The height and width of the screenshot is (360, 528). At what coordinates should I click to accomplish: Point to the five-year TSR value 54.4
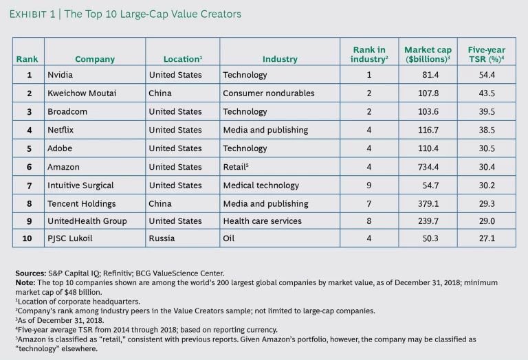[487, 75]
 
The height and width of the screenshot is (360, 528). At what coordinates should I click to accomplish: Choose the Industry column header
[280, 59]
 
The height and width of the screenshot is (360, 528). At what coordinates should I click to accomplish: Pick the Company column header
[95, 59]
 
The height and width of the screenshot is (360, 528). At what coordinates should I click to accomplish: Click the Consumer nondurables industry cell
[269, 93]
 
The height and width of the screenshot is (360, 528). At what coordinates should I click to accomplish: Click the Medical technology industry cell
[261, 185]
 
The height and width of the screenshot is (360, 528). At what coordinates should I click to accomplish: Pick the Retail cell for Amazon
[235, 167]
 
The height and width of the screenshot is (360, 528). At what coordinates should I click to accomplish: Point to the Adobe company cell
[60, 148]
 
